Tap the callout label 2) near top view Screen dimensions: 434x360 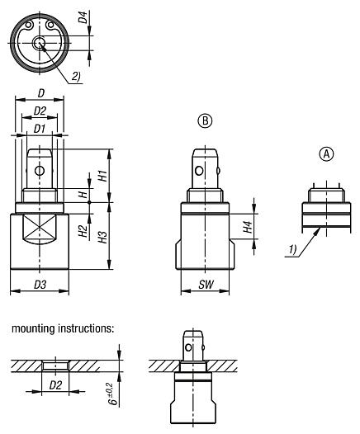77,77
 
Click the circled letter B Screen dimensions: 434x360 206,120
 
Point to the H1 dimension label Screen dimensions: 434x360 102,175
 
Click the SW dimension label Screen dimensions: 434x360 206,285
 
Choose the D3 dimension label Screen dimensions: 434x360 39,285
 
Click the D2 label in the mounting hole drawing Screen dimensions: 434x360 57,385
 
